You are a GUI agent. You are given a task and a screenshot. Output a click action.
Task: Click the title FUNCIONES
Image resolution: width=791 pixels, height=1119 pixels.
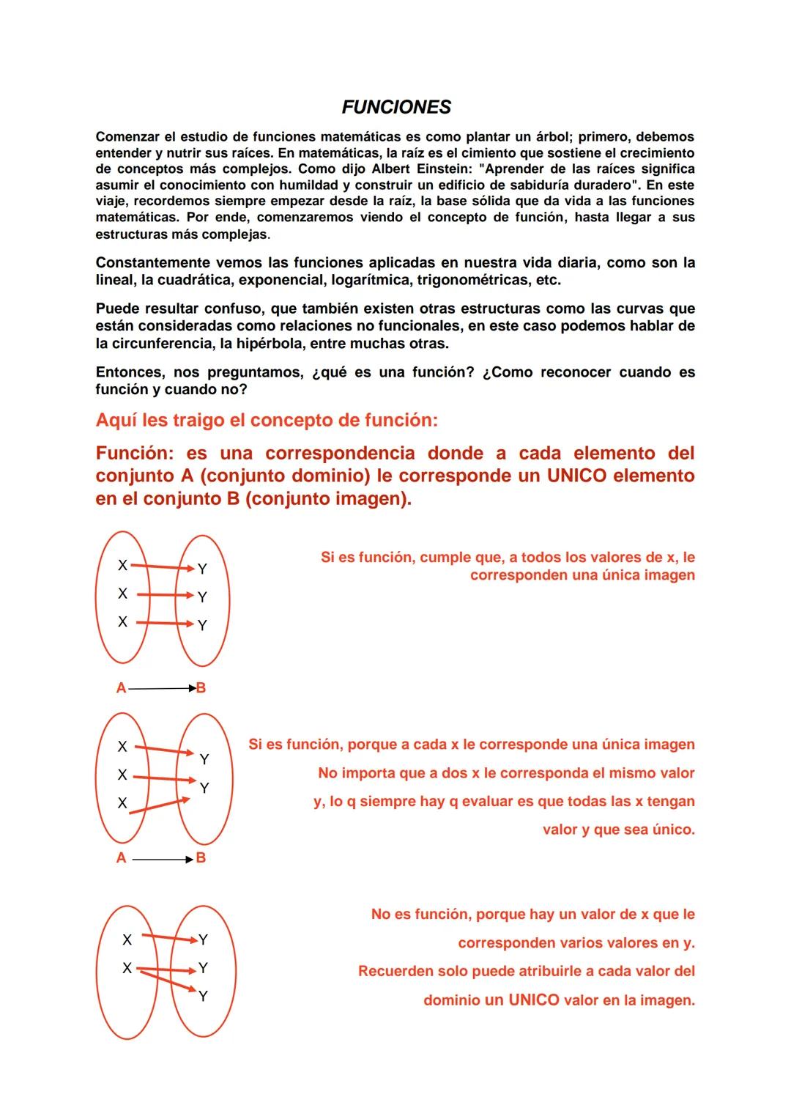click(x=396, y=107)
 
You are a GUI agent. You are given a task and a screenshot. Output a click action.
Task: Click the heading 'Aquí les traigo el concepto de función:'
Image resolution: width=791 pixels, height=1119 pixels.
click(x=267, y=420)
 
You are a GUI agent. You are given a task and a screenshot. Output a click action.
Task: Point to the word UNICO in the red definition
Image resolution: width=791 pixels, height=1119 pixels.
click(x=576, y=476)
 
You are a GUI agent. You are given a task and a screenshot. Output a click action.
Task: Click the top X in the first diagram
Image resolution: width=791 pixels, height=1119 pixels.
click(x=122, y=565)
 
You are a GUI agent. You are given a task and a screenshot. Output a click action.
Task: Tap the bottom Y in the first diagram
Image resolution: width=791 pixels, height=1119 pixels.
click(x=202, y=625)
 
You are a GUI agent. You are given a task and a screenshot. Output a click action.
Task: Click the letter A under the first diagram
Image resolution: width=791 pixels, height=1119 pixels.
click(x=121, y=688)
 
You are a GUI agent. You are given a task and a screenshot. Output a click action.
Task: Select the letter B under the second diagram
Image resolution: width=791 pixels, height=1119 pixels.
click(x=201, y=858)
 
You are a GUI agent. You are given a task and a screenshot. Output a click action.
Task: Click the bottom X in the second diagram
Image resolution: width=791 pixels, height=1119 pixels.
click(x=122, y=803)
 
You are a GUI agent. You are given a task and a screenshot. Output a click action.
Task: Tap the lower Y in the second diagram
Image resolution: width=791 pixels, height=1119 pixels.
click(x=204, y=788)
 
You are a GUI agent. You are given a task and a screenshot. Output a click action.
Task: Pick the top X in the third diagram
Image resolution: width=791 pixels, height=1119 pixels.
click(x=127, y=939)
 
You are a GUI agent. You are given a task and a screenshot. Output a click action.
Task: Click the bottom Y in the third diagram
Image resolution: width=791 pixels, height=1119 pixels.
click(x=203, y=996)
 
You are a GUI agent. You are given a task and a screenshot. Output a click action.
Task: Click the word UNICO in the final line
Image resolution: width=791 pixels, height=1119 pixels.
click(x=534, y=1000)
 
